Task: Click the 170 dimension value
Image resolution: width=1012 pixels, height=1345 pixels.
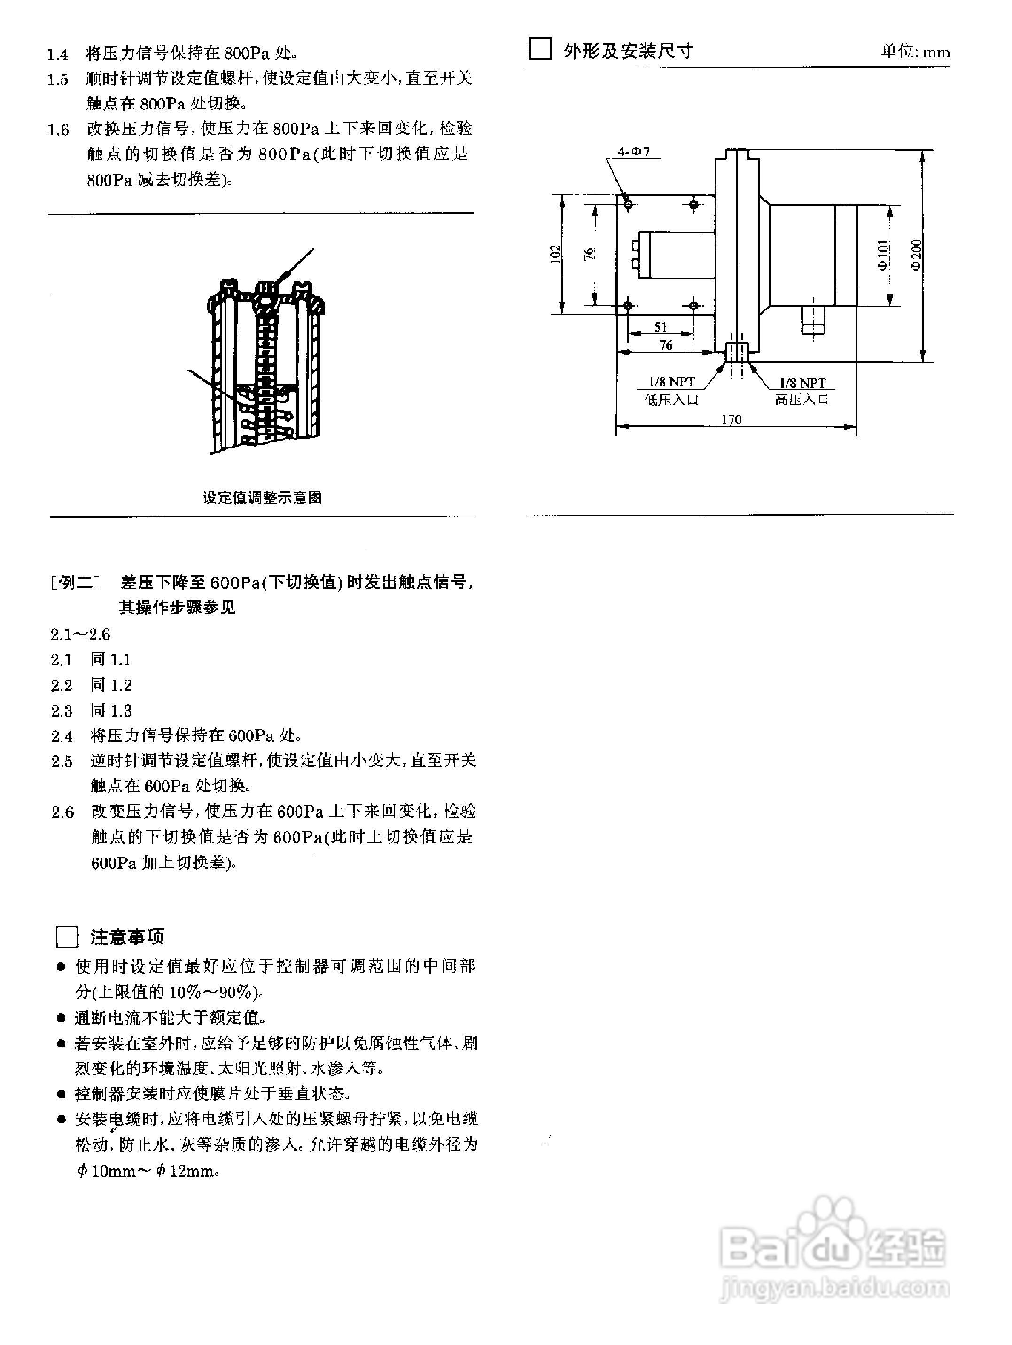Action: (731, 419)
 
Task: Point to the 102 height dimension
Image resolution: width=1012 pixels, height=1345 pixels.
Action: (554, 254)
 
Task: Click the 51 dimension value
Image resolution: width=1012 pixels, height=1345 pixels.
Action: (661, 327)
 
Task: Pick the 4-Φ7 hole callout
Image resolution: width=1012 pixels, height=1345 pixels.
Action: (634, 151)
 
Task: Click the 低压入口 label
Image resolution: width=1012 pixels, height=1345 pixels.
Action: (671, 400)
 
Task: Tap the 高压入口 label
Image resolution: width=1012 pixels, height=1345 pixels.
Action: (802, 400)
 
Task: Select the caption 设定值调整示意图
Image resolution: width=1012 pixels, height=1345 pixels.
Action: (262, 497)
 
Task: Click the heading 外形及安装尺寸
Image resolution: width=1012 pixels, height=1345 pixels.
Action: (628, 51)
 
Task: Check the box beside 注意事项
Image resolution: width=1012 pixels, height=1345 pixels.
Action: (67, 937)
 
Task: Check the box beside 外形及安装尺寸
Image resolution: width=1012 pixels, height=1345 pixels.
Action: (540, 49)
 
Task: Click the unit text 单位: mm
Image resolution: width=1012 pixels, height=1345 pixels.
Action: (915, 52)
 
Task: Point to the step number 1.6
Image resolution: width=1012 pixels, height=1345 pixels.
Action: (58, 130)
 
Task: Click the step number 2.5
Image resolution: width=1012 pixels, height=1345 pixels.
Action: (62, 762)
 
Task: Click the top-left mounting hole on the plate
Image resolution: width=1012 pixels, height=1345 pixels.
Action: (628, 204)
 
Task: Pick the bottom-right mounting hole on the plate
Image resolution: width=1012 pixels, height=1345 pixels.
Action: (693, 305)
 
